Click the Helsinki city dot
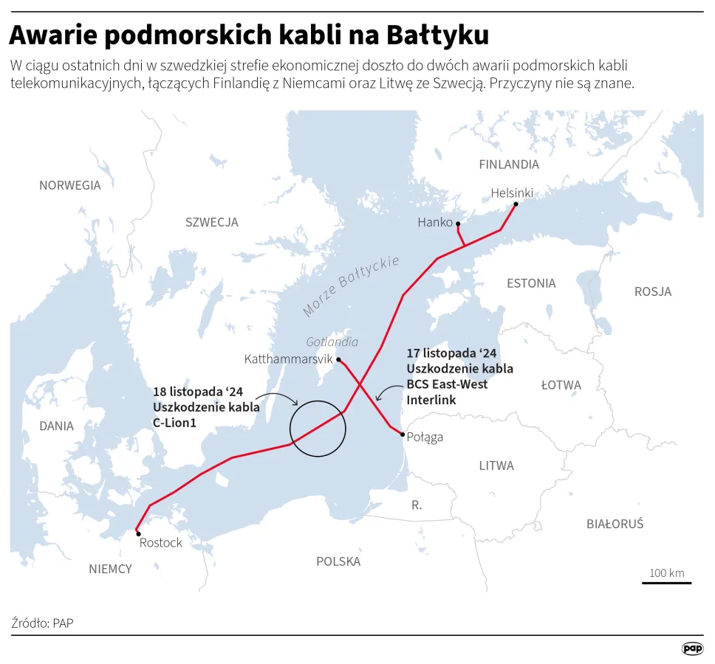[x=516, y=204]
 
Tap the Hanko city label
[x=434, y=222]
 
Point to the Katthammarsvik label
[x=288, y=359]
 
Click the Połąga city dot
[x=403, y=435]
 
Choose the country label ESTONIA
[x=531, y=283]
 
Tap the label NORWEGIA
[x=70, y=185]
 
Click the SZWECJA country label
[x=212, y=222]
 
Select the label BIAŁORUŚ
[x=615, y=524]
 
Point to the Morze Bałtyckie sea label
[x=351, y=286]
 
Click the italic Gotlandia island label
[x=332, y=342]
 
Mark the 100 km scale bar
[x=666, y=582]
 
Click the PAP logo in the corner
[x=692, y=649]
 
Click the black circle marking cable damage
[x=318, y=428]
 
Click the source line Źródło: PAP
[x=43, y=623]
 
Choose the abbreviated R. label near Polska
[x=417, y=505]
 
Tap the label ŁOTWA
[x=561, y=385]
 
